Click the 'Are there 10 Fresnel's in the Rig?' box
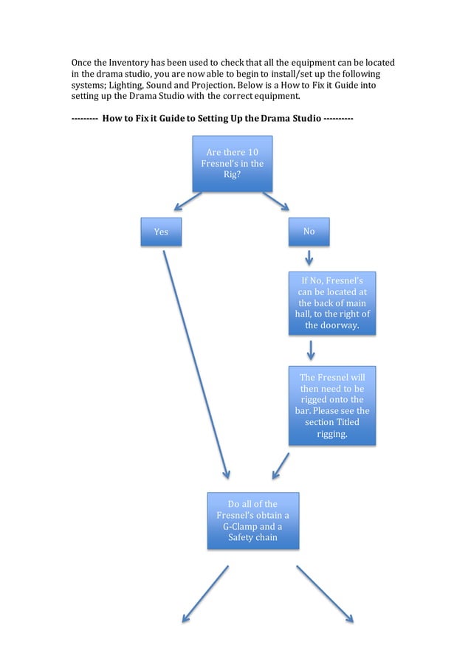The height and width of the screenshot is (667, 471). [233, 163]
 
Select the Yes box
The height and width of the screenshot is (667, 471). [161, 232]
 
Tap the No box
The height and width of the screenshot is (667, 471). [309, 232]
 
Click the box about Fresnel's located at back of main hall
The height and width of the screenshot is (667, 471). [332, 303]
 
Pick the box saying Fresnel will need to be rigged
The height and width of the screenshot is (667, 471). [332, 405]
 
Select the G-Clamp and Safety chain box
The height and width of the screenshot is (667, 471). [252, 521]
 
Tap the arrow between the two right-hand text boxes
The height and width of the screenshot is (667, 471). [311, 350]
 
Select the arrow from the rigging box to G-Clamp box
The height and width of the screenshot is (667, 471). [281, 466]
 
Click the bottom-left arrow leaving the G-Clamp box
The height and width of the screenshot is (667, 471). [205, 594]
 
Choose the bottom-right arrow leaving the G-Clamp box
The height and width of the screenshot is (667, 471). [325, 594]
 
